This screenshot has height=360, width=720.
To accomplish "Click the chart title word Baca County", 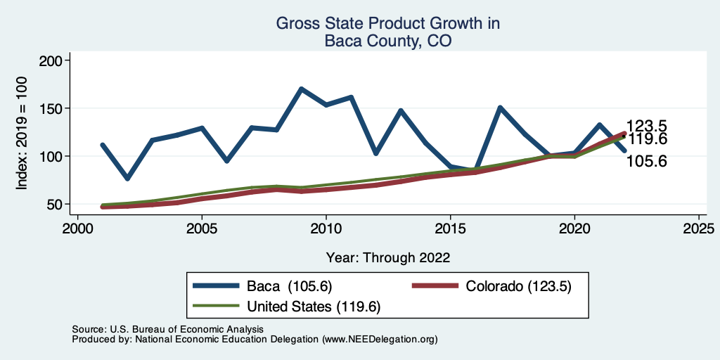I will (387, 41).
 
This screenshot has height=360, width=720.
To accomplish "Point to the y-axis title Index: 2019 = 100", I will (22, 133).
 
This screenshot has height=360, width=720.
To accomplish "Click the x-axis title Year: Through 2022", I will (388, 257).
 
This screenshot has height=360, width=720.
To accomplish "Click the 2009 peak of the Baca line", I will (301, 89).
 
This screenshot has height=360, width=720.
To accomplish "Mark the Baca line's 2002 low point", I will (127, 179).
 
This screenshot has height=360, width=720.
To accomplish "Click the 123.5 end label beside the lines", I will (646, 127).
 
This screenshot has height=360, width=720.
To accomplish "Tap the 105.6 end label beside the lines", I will (646, 162).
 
